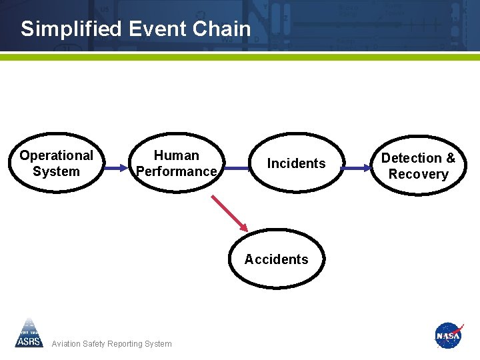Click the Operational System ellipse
56,163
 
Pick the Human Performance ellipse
176,163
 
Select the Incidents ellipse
296,163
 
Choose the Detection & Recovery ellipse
418,166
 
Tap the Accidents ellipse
276,259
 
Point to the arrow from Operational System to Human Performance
116,167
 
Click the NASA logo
448,335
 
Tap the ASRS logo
29,333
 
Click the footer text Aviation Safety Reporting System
111,344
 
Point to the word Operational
56,155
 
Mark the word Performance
176,171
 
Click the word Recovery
418,174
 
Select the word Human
176,155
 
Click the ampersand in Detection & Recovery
450,158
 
